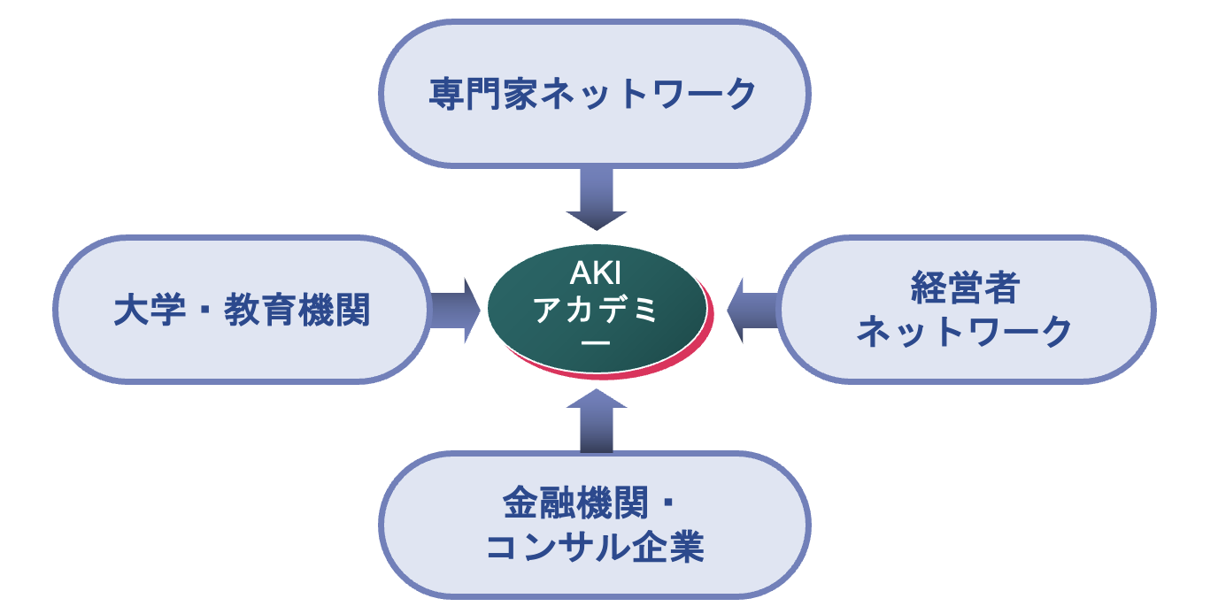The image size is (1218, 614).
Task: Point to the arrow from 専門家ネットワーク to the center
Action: [x=596, y=198]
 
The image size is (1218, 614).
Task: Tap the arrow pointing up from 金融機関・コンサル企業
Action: [x=596, y=420]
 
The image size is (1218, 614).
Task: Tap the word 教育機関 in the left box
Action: [x=297, y=311]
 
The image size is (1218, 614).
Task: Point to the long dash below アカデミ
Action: [x=597, y=342]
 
